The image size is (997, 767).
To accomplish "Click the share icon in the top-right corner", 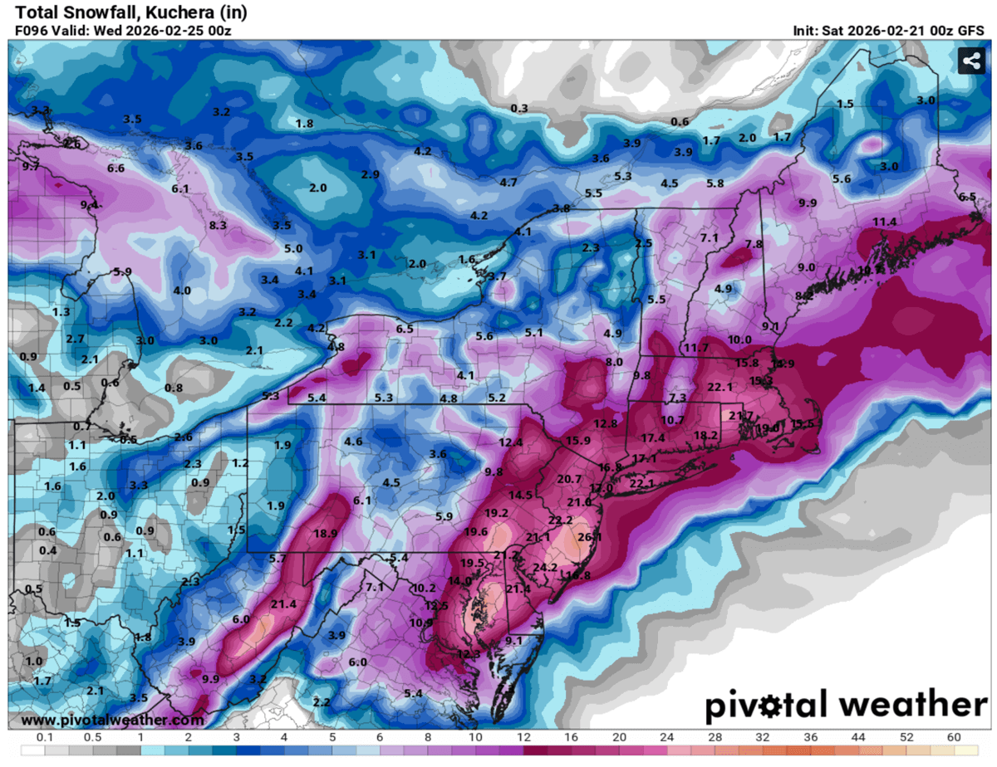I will (x=970, y=61).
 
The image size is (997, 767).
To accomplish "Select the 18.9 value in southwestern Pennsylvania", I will (x=326, y=533).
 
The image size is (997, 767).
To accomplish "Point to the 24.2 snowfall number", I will (x=545, y=567).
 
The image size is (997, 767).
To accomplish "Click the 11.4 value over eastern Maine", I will (x=885, y=222).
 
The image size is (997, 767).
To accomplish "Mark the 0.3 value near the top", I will (x=519, y=109).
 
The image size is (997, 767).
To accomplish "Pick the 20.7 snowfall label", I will (x=569, y=479).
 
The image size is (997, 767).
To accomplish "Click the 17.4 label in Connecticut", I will (x=653, y=437).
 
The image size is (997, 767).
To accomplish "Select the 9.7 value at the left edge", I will (x=31, y=167).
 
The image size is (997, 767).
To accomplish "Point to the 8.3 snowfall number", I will (x=218, y=225).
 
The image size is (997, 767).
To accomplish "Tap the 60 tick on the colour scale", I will (x=953, y=737).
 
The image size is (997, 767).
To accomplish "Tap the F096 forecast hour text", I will (x=33, y=31).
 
